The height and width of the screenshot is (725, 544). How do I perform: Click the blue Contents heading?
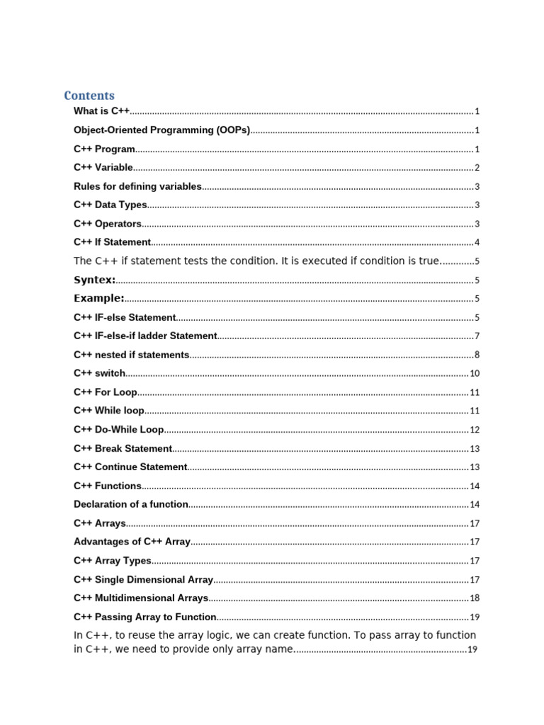pos(89,95)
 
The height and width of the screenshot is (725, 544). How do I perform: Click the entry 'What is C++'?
pos(102,111)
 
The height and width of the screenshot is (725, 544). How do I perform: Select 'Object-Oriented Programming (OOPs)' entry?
pos(162,130)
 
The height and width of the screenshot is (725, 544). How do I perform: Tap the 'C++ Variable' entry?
pos(103,168)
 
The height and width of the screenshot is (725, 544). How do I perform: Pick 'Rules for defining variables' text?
pos(137,186)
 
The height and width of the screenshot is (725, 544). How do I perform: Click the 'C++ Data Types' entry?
pos(110,205)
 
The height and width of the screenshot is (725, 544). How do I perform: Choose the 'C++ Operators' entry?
pos(108,224)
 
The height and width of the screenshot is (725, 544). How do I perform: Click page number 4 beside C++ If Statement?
pos(477,243)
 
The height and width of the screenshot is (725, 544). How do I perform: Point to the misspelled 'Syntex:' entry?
pos(95,280)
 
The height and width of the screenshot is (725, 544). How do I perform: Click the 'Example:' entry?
pos(99,298)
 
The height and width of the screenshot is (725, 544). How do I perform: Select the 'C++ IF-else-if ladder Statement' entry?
pos(145,336)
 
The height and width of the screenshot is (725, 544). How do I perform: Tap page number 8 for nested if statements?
pos(477,355)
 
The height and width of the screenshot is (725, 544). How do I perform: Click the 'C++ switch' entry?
pos(100,373)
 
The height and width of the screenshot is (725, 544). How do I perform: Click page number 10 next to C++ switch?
pos(475,374)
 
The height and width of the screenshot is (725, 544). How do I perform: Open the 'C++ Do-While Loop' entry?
pos(119,429)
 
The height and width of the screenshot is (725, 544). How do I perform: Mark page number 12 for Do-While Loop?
pos(475,430)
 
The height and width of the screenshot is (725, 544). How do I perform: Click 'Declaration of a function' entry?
pos(131,504)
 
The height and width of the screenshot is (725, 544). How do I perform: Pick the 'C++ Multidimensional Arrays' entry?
pos(141,598)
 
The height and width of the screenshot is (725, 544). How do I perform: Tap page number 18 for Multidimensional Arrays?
pos(475,598)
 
